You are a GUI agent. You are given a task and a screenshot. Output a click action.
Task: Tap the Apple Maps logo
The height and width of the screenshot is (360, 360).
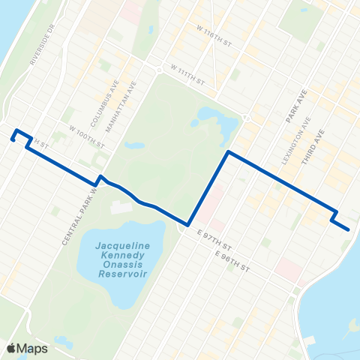(x=28, y=348)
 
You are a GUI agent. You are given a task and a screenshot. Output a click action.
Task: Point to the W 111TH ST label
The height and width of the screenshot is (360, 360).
(x=187, y=73)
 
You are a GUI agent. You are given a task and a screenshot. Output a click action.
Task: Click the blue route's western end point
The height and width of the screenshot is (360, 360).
(x=13, y=138)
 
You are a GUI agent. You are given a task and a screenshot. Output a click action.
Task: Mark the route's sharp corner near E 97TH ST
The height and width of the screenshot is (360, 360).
(x=188, y=223)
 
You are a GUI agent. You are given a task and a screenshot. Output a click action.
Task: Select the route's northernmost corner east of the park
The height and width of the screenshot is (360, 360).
(x=228, y=152)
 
